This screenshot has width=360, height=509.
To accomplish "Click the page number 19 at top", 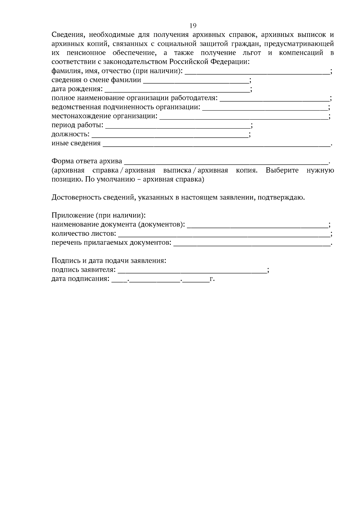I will (193, 25).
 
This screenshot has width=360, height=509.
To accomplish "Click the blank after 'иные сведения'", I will (216, 144).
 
